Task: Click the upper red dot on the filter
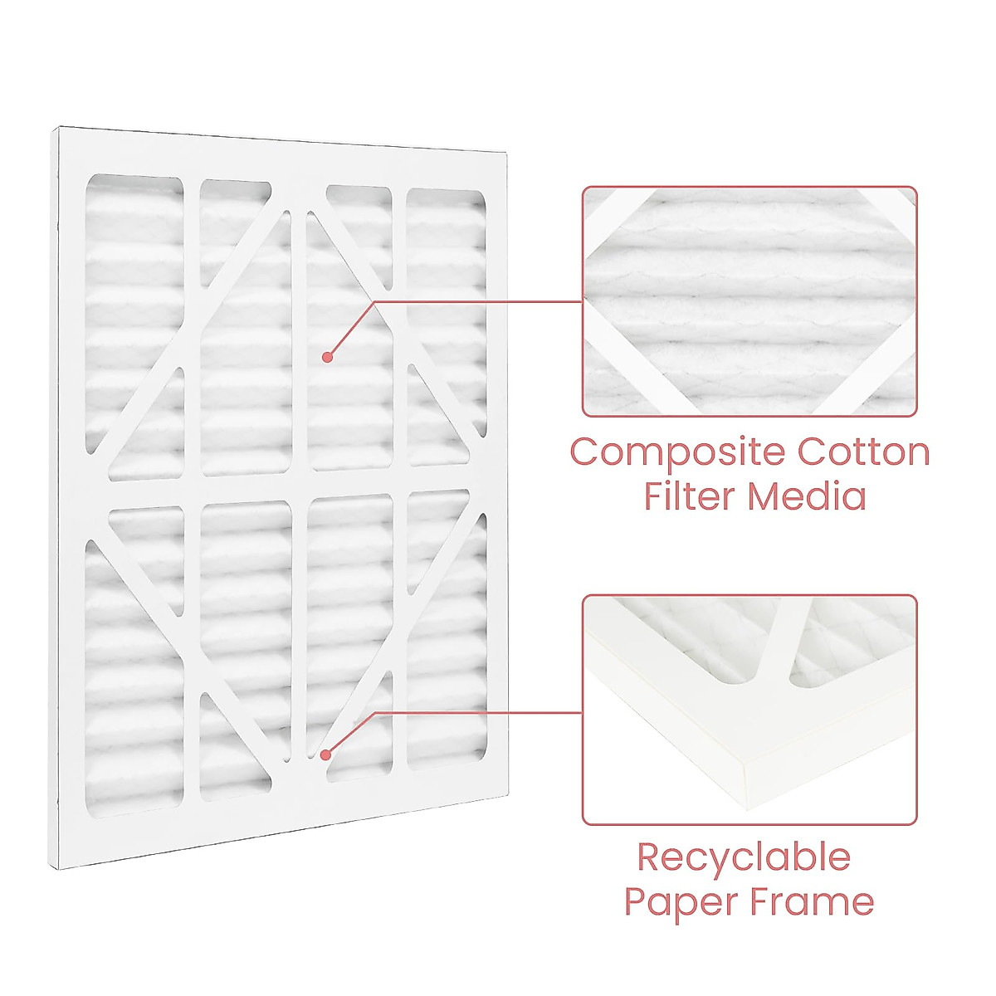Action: point(327,357)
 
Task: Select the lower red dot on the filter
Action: point(326,754)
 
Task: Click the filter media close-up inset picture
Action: point(749,300)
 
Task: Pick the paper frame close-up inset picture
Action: point(749,710)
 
